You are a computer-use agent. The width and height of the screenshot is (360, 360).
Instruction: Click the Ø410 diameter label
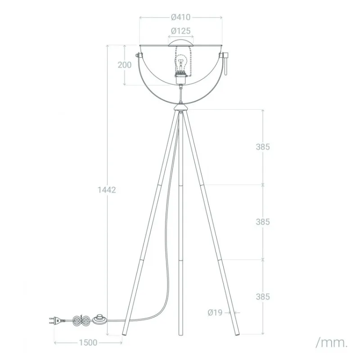click(181, 17)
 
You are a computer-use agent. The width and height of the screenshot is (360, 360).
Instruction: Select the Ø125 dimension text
click(181, 31)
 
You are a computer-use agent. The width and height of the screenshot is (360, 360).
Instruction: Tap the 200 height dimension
click(125, 65)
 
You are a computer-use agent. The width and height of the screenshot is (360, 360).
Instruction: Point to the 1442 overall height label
click(107, 190)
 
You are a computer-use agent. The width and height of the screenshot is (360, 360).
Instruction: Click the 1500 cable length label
click(88, 342)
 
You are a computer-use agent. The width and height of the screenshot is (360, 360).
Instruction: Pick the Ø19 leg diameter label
click(215, 312)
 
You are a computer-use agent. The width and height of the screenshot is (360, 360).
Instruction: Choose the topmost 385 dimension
click(263, 147)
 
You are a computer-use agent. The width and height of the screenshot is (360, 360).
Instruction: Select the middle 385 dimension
click(263, 222)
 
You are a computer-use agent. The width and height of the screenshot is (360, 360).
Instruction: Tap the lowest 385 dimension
click(263, 297)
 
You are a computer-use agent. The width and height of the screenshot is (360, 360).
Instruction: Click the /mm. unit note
click(332, 343)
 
